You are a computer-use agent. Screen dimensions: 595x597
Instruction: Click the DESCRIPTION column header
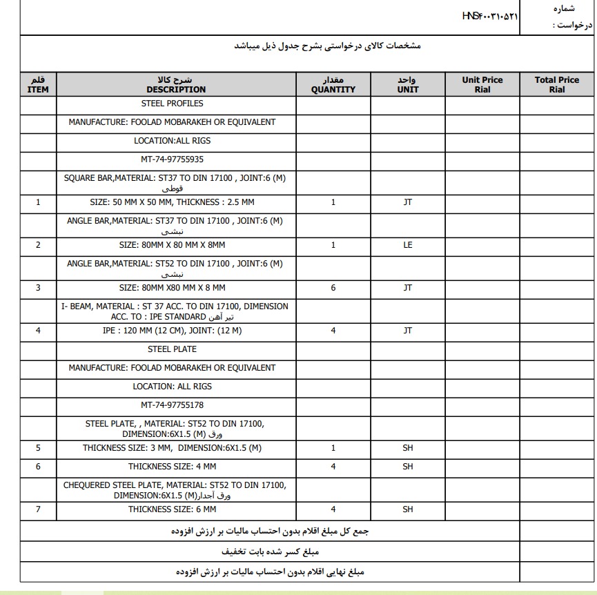(x=176, y=85)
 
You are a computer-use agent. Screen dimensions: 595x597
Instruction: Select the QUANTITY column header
(x=333, y=85)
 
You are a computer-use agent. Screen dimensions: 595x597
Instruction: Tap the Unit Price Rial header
(x=482, y=85)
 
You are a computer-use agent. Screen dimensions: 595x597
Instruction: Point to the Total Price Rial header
(x=557, y=85)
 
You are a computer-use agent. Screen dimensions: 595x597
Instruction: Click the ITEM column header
(x=38, y=85)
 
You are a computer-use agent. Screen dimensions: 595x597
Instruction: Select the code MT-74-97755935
(x=173, y=159)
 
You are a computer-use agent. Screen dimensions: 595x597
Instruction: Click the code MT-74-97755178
(x=173, y=405)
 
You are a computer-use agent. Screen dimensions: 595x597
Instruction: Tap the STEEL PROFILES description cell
(x=173, y=104)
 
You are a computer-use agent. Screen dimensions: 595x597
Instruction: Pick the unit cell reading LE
(x=408, y=245)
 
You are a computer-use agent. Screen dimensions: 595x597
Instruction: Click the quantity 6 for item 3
(x=333, y=288)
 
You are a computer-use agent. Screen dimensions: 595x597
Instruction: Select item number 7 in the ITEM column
(x=38, y=509)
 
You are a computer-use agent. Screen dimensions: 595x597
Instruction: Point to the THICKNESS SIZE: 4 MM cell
(x=173, y=467)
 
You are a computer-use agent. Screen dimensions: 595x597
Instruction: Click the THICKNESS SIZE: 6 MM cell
(x=173, y=509)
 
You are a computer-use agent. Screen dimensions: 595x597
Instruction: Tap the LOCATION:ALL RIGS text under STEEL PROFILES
(x=173, y=141)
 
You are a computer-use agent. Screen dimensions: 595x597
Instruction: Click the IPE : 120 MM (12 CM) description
(x=173, y=331)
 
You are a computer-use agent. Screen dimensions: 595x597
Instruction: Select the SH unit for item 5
(x=408, y=448)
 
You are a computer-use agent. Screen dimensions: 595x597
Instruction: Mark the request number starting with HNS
(x=490, y=16)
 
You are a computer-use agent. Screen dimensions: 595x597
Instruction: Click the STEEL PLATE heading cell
(x=173, y=349)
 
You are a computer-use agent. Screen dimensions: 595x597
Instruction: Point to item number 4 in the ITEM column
(x=38, y=331)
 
